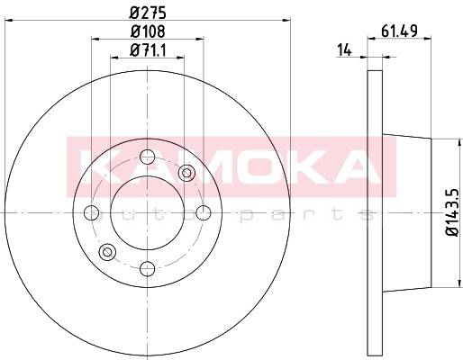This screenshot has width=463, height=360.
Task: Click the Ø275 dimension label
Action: point(148,13)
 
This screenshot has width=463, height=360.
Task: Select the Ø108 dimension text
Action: point(148,31)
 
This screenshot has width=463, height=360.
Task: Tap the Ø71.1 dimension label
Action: point(148,49)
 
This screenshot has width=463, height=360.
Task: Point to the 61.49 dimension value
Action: point(399,31)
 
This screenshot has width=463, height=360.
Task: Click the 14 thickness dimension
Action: point(344,49)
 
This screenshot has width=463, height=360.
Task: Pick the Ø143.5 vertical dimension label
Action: point(453,212)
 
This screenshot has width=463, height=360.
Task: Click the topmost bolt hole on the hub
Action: point(147,157)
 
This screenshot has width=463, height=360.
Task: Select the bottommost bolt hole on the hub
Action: point(147,268)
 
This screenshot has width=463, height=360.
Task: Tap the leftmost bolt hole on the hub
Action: point(91,212)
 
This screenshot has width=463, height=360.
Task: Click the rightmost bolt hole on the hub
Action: point(204,212)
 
